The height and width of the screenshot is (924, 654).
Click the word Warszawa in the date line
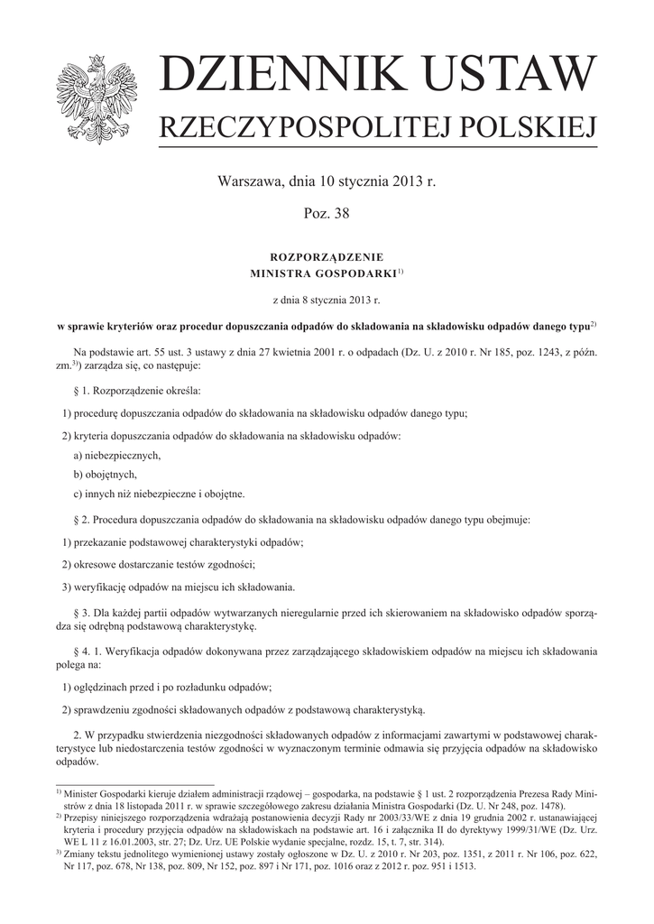pos(250,182)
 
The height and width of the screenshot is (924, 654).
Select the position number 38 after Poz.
pos(339,214)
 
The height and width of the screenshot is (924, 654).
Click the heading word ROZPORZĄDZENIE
pos(327,257)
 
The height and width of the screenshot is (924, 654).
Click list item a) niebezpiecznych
pos(117,456)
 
